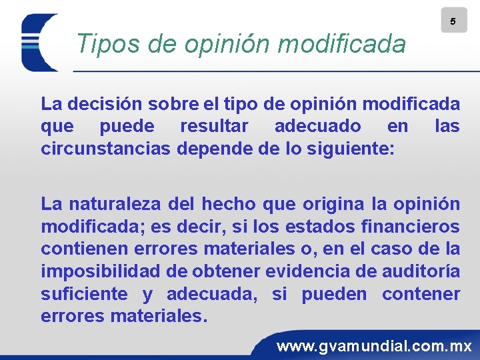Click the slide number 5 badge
(x=453, y=21)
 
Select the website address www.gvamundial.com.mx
(x=374, y=346)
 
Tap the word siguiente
(x=351, y=147)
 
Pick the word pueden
(x=334, y=294)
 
